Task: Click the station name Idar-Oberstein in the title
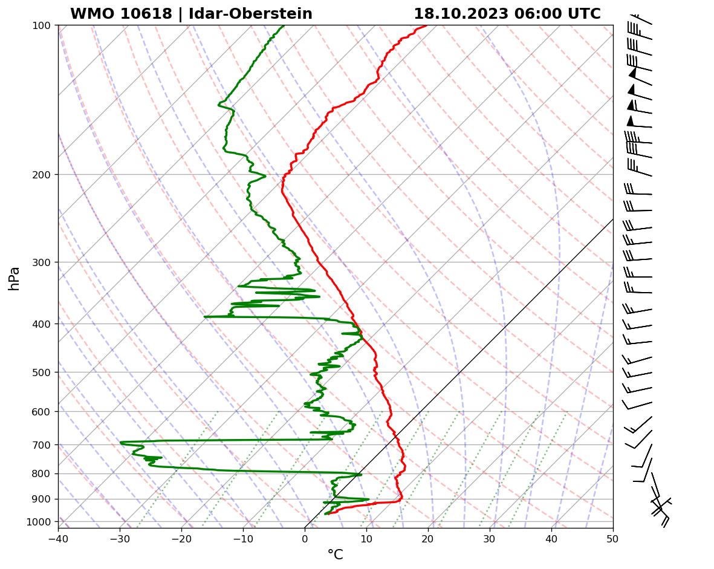click(250, 14)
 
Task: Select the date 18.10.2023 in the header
click(461, 14)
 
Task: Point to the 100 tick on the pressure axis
click(42, 25)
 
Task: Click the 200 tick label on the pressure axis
click(42, 175)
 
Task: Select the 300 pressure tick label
click(42, 262)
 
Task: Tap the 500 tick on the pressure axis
click(42, 372)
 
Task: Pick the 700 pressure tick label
click(42, 445)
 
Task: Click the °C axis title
click(335, 554)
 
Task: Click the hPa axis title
click(14, 278)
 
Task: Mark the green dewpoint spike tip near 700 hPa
click(121, 442)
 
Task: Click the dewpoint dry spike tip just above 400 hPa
click(205, 316)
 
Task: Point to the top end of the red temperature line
click(426, 25)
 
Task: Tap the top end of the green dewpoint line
click(284, 25)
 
